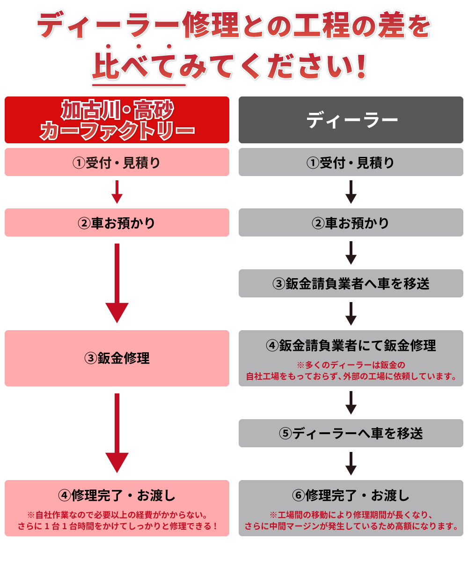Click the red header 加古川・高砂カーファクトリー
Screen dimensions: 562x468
[117, 120]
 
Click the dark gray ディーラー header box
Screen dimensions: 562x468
[351, 120]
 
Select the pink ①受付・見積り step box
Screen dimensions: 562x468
[117, 163]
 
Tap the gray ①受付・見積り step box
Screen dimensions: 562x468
[351, 163]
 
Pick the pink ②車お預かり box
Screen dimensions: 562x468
[117, 222]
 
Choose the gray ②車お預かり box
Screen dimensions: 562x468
[351, 222]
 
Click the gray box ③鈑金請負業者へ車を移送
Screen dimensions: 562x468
[351, 283]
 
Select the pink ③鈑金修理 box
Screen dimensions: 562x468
[117, 358]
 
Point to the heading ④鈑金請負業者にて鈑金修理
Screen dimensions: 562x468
[351, 346]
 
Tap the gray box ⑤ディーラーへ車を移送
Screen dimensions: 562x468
[351, 433]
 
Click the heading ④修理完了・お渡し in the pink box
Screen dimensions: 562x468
[117, 495]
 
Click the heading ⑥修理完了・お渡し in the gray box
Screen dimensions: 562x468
[351, 495]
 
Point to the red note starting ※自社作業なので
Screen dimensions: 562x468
[117, 520]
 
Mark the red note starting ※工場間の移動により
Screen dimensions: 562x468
[351, 520]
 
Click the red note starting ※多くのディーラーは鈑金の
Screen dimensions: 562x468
[351, 370]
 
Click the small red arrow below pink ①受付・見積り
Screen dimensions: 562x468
[117, 192]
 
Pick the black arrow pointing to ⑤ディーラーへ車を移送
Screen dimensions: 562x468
[351, 403]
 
